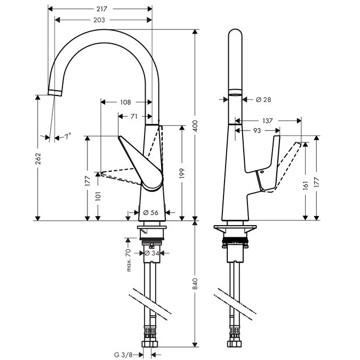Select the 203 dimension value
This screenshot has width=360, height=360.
coord(98,20)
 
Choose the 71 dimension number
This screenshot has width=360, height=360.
coord(134,116)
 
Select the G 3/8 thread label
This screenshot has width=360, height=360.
coord(123,353)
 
